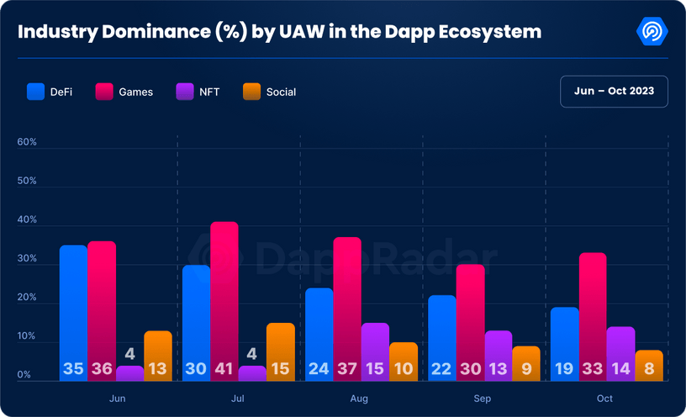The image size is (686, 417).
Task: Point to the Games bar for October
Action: pyautogui.click(x=593, y=311)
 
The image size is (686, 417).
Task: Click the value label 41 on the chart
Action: pyautogui.click(x=224, y=369)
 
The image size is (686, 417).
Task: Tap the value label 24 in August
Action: pyautogui.click(x=319, y=369)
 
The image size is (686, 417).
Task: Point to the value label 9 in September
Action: pyautogui.click(x=527, y=369)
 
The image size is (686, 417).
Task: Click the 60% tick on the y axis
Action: pyautogui.click(x=27, y=142)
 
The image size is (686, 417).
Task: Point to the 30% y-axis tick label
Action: pyautogui.click(x=27, y=259)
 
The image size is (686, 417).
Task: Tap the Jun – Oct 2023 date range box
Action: pyautogui.click(x=614, y=91)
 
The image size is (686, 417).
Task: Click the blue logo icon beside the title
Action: pyautogui.click(x=652, y=31)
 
